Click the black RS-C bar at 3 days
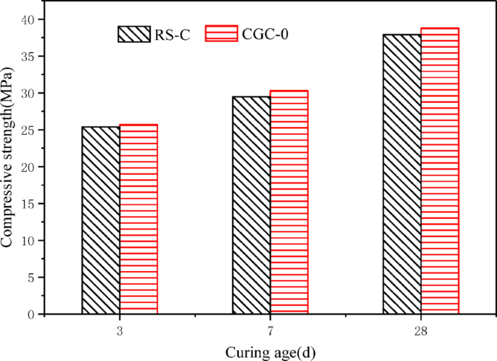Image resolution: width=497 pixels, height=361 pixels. click(101, 220)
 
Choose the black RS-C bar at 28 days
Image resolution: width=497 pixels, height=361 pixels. click(402, 174)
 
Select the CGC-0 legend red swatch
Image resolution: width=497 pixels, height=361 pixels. click(221, 33)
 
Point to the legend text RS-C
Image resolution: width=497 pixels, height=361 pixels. click(171, 35)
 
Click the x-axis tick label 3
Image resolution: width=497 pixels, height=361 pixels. click(120, 330)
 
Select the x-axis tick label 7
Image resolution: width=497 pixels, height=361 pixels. click(270, 330)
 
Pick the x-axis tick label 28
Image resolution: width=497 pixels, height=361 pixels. click(421, 330)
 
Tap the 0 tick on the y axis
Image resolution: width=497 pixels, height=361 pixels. click(30, 314)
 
